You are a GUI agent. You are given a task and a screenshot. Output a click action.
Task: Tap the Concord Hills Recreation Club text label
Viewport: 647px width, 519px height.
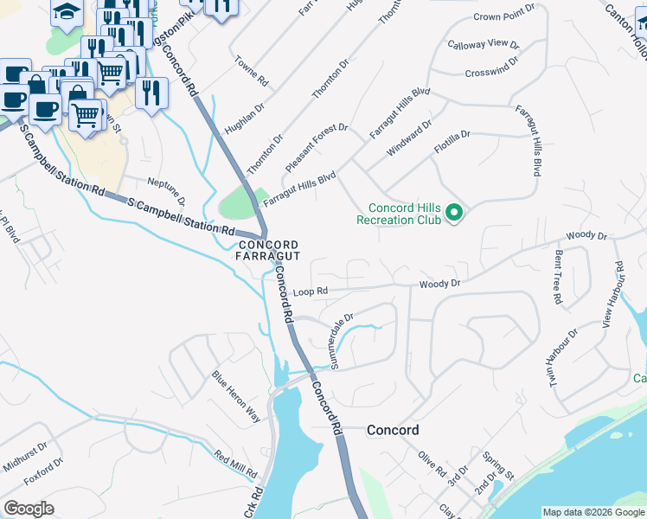pyautogui.click(x=405, y=214)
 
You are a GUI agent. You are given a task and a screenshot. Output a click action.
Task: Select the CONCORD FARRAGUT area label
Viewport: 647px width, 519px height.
pyautogui.click(x=269, y=251)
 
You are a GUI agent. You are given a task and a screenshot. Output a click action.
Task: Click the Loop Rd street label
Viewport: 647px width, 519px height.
pyautogui.click(x=311, y=292)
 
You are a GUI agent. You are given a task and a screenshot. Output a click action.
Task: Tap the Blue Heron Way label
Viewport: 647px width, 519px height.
pyautogui.click(x=236, y=397)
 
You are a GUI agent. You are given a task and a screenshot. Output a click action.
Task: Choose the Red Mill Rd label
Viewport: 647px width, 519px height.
pyautogui.click(x=236, y=466)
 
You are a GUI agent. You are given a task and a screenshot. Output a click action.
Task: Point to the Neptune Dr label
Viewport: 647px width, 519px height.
pyautogui.click(x=166, y=188)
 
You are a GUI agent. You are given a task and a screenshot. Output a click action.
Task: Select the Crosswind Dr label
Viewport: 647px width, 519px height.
pyautogui.click(x=490, y=67)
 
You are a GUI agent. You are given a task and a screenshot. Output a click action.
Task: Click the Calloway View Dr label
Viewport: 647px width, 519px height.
pyautogui.click(x=483, y=43)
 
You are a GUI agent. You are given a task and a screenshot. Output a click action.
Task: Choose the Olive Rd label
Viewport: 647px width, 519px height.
pyautogui.click(x=430, y=464)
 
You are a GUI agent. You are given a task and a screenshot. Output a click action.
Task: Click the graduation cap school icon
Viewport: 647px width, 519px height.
pyautogui.click(x=66, y=11)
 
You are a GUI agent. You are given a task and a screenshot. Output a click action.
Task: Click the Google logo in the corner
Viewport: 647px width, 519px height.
pyautogui.click(x=29, y=508)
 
